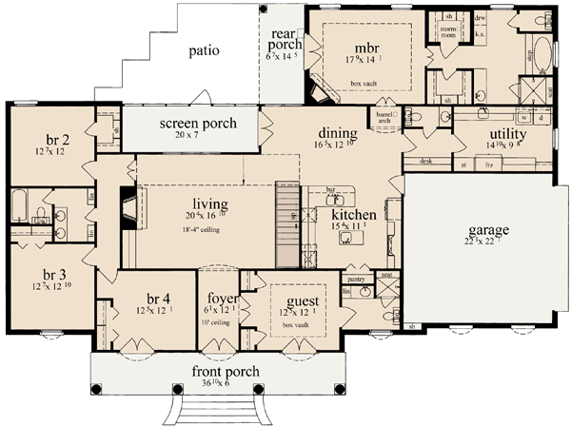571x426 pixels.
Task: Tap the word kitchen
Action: pos(352,216)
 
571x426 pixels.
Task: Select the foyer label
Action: pos(219,300)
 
